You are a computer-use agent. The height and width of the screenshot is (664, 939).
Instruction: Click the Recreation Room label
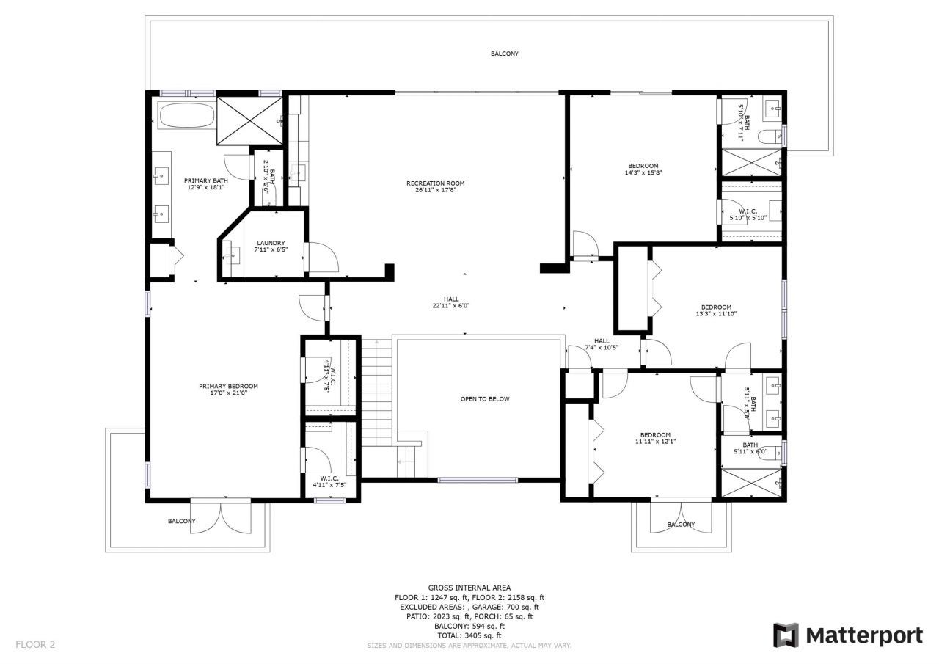coord(436,183)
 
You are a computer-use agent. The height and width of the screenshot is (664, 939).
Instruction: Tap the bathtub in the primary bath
coord(186,116)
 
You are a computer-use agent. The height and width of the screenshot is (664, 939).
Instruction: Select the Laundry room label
coord(271,244)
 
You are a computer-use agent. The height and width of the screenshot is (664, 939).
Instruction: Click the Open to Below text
coord(484,399)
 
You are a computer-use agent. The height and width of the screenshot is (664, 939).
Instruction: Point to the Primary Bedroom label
coord(228,387)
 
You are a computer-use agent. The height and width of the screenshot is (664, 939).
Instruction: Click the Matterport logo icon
coord(786,635)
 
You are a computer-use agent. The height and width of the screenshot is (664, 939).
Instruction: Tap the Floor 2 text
coord(35,645)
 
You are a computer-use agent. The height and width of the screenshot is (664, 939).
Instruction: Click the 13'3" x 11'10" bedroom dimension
coord(715,314)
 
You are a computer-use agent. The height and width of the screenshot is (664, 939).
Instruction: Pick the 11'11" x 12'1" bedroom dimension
coord(655,442)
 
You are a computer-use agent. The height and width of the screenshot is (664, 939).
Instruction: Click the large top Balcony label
coord(505,54)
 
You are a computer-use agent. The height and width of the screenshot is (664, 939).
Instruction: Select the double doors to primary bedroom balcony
coord(221,516)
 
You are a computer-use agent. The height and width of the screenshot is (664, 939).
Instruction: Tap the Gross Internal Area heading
coord(469,588)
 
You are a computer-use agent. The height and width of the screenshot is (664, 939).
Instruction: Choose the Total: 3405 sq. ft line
coord(469,635)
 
